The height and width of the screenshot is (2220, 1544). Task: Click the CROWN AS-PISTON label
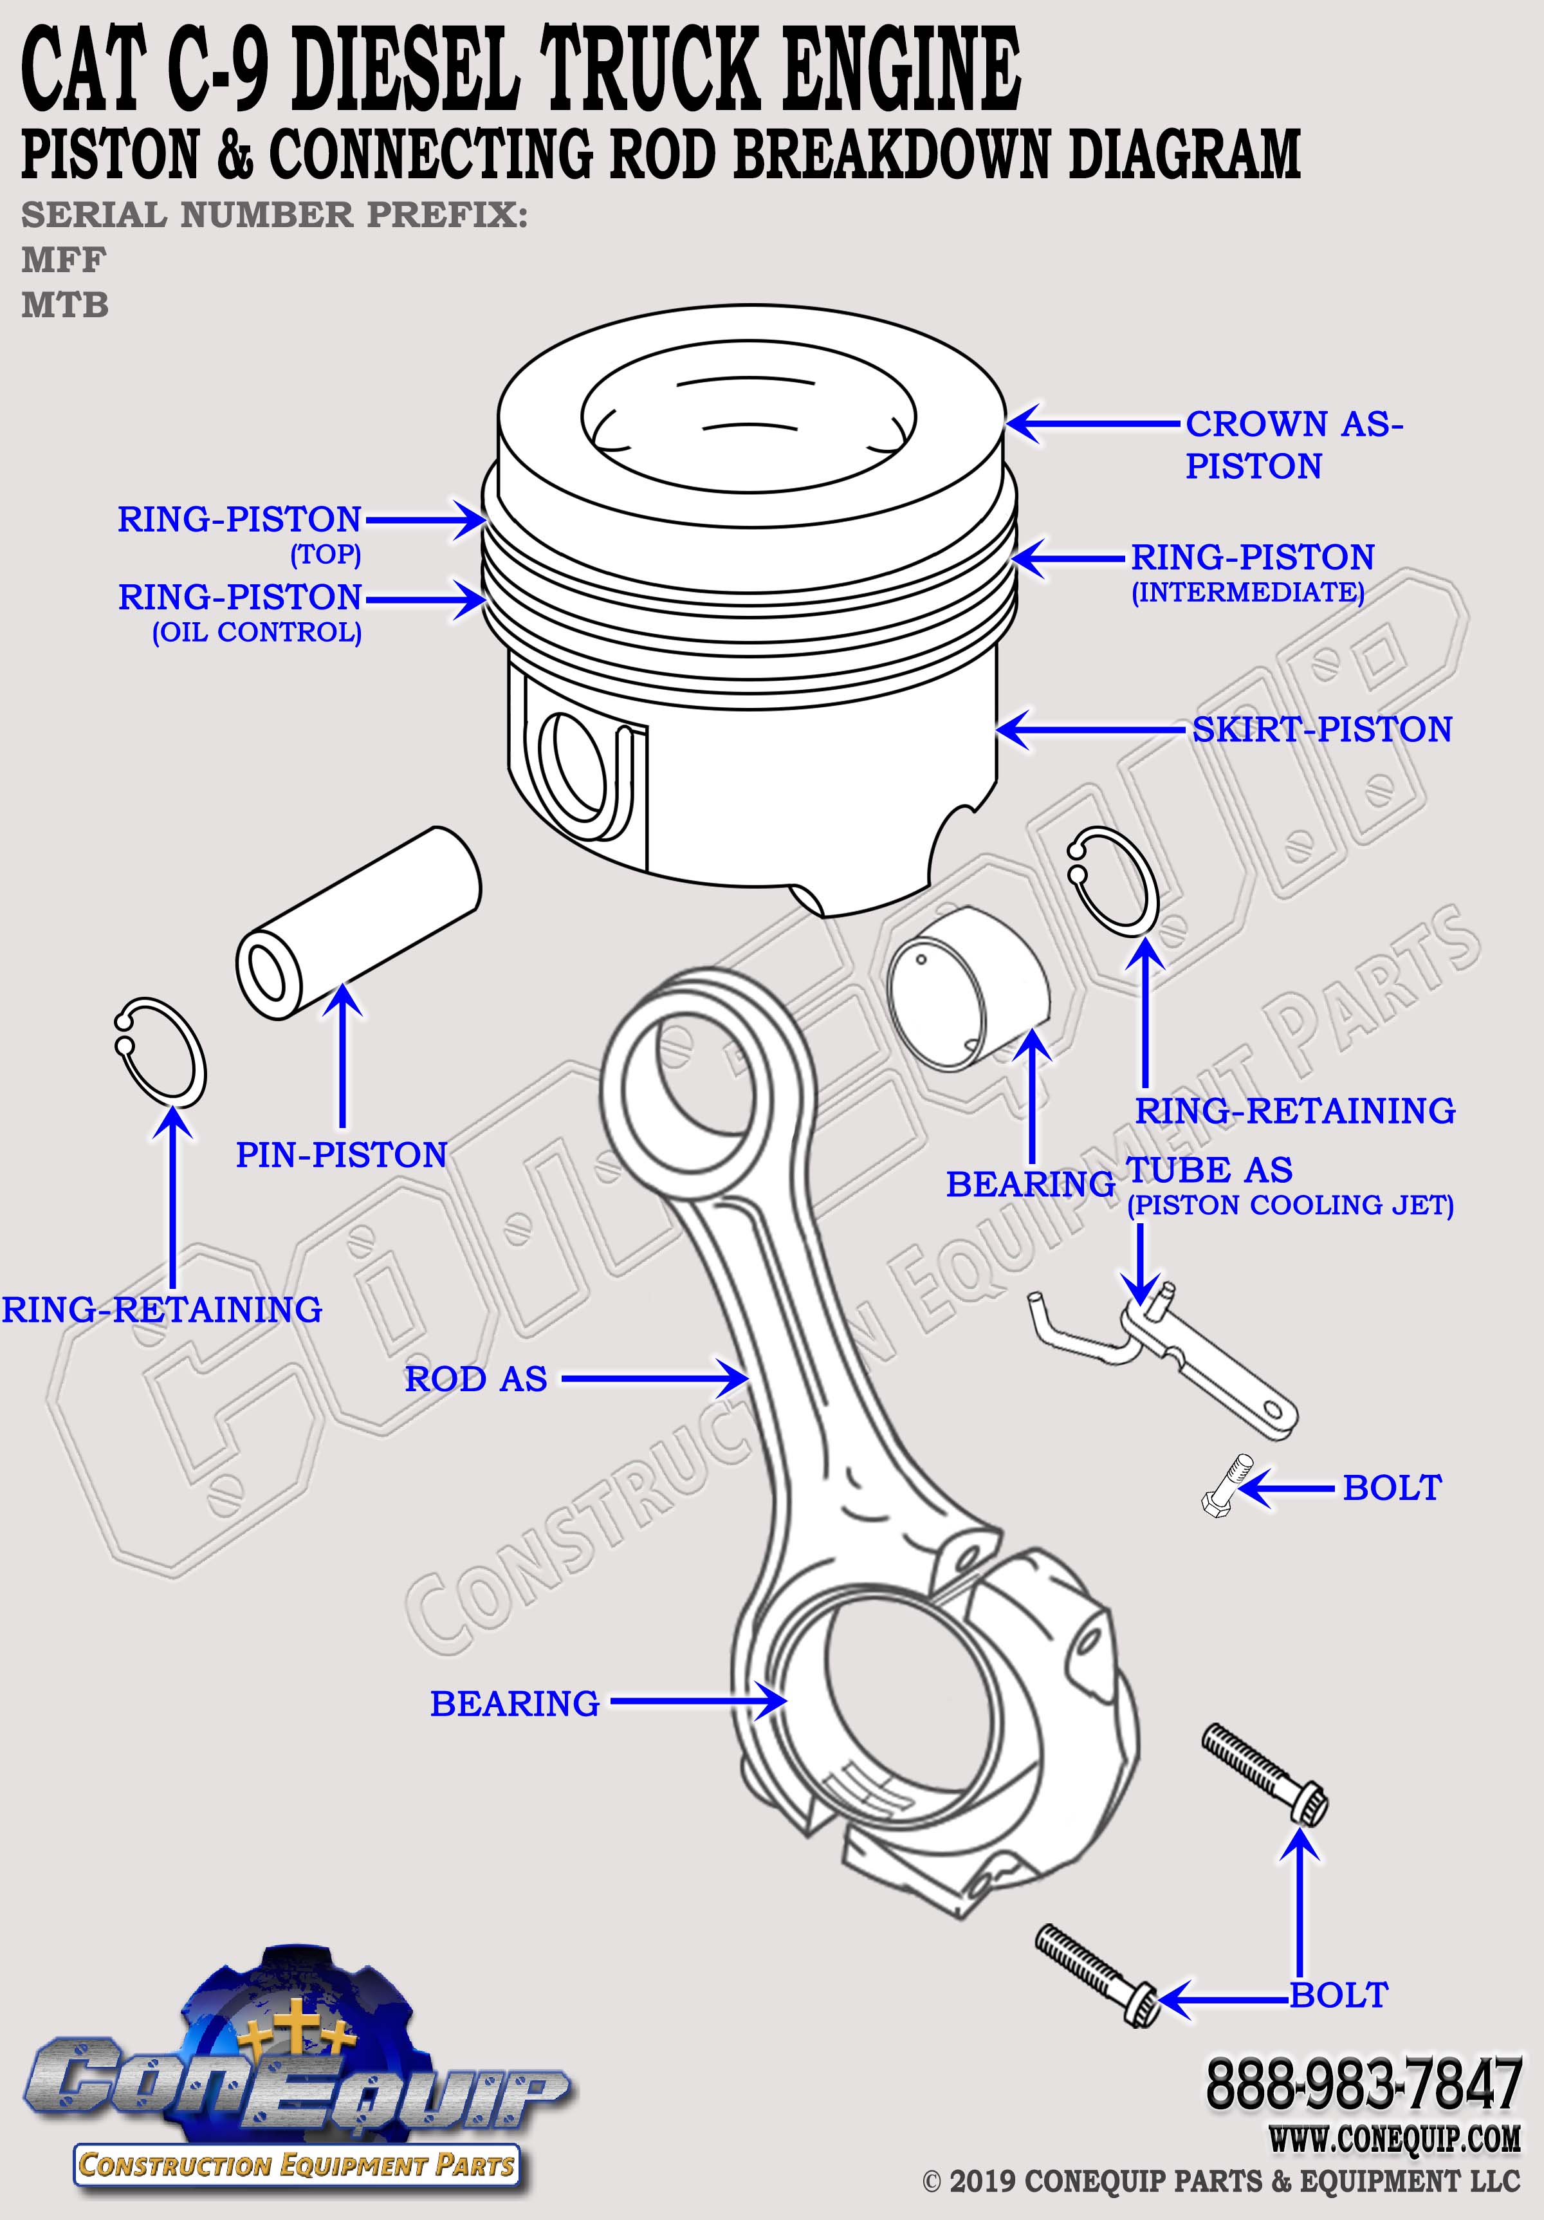(x=1294, y=445)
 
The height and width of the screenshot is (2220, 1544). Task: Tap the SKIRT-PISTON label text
(x=1321, y=729)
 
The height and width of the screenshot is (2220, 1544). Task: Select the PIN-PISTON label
(x=341, y=1154)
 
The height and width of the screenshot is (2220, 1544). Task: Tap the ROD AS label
(x=475, y=1379)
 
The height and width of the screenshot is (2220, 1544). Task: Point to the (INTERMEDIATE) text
(x=1248, y=592)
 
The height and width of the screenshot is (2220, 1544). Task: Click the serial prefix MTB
(x=65, y=306)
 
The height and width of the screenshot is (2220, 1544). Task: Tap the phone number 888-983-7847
(x=1363, y=2086)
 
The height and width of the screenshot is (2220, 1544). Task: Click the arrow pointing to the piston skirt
(x=1090, y=729)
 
